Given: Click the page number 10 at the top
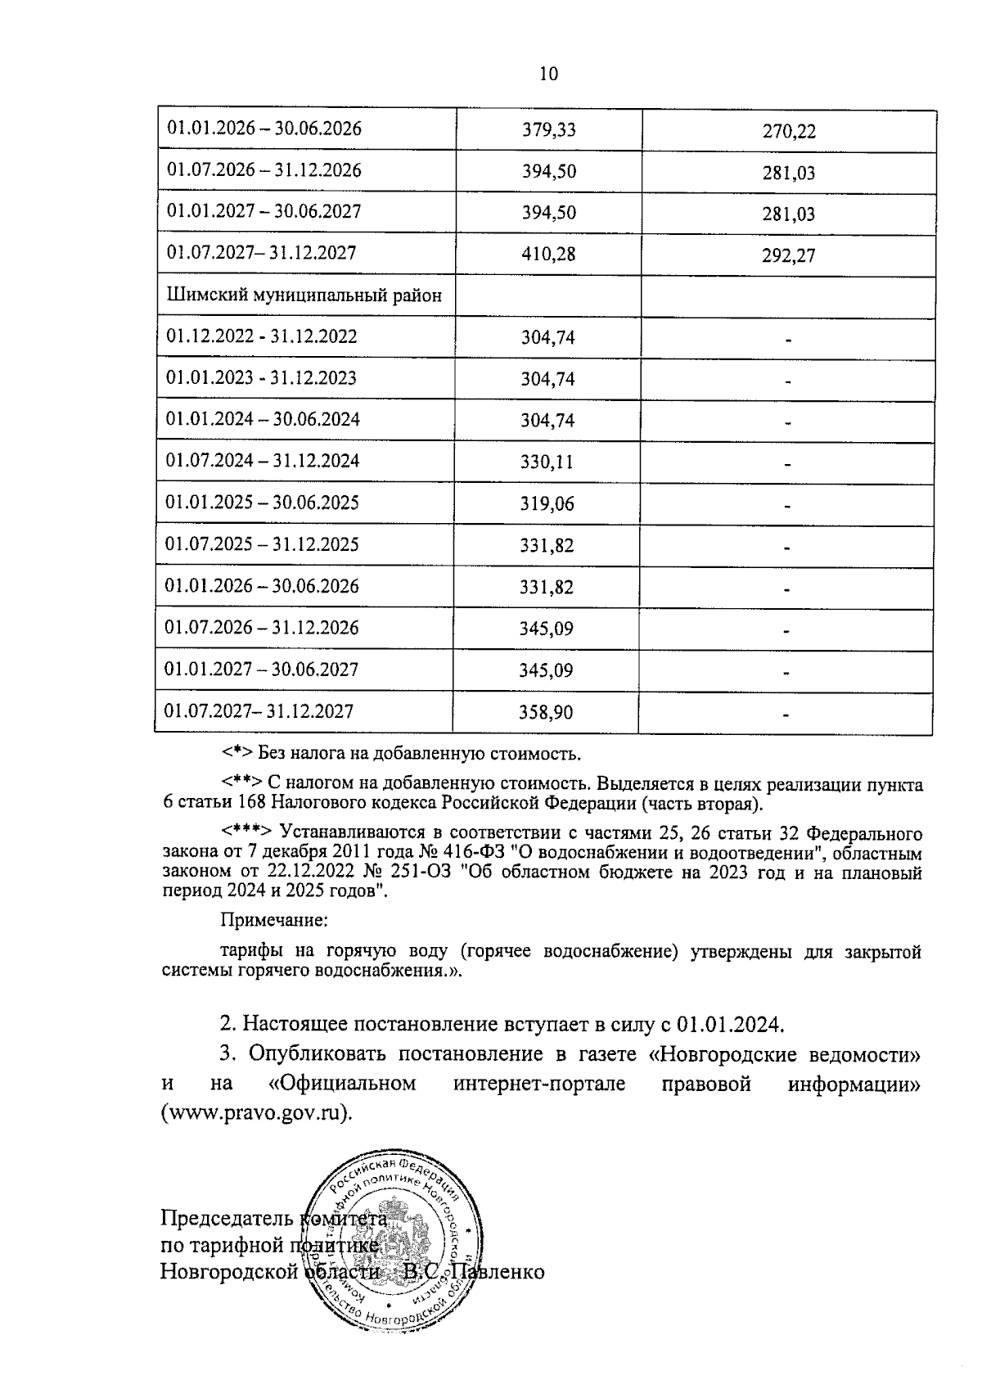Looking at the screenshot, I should [x=549, y=74].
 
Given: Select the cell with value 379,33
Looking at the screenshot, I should [x=548, y=130].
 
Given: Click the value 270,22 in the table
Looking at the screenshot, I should [x=789, y=132].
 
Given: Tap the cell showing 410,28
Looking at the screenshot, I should [x=548, y=255].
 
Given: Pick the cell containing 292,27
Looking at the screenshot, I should [x=789, y=256].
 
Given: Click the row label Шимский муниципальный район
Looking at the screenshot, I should [x=304, y=295].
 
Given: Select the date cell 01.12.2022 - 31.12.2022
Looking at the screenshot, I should [x=262, y=336].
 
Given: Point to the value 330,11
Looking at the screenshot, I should [x=547, y=462].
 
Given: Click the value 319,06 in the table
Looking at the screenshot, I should [x=547, y=504].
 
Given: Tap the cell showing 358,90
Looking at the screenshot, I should [x=547, y=713].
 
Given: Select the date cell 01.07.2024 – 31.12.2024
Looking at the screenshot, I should [x=263, y=461].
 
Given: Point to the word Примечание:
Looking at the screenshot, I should [x=274, y=920].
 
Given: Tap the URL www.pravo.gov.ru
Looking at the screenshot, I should [x=255, y=1114].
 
